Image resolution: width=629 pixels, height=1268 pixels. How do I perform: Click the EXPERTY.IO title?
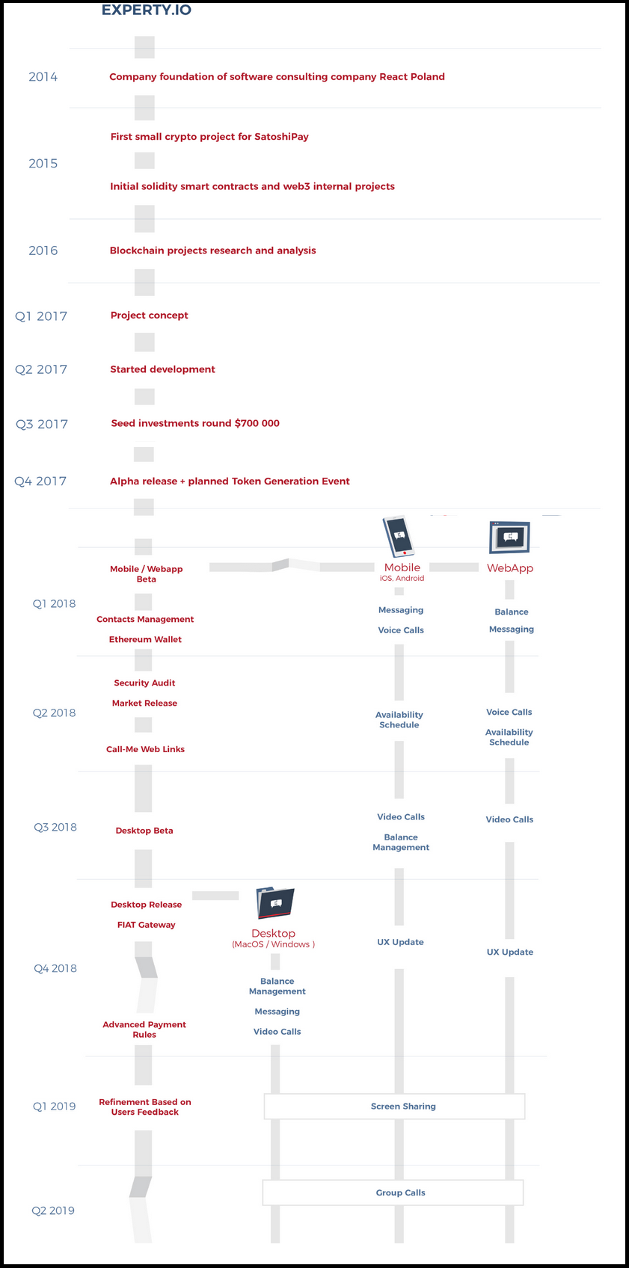(x=146, y=10)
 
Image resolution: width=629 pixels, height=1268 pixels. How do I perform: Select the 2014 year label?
(x=43, y=76)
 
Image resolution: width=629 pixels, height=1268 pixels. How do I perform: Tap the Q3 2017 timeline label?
(x=41, y=424)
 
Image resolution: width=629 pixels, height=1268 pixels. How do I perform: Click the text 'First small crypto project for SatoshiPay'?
(x=209, y=136)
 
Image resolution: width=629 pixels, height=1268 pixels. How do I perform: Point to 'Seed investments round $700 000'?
(x=195, y=423)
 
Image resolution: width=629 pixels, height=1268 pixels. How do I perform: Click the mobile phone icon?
(x=399, y=535)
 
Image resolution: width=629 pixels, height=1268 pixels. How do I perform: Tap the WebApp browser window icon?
(x=509, y=537)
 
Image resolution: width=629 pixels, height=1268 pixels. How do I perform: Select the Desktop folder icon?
(x=275, y=902)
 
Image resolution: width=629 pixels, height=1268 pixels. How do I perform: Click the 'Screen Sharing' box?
(x=394, y=1106)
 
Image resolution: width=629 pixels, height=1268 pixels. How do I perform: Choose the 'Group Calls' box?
(x=393, y=1192)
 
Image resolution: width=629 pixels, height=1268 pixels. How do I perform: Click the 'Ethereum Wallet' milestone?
(x=146, y=639)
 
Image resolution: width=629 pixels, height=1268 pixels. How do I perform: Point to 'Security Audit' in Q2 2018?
(x=144, y=683)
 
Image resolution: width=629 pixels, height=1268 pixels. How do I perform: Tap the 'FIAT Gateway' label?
(x=146, y=924)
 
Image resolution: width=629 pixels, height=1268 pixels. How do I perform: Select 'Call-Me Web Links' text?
(x=146, y=749)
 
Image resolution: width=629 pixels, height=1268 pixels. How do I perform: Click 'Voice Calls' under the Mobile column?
(x=401, y=630)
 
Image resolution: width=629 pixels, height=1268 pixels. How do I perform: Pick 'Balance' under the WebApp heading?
(x=512, y=612)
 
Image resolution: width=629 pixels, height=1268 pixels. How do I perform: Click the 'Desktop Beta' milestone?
(x=144, y=831)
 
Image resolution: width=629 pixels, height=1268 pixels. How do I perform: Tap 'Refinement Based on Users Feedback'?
(x=145, y=1107)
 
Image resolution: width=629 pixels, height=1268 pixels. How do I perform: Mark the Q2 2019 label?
(x=53, y=1210)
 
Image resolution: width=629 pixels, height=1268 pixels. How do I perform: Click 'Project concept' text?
(x=150, y=316)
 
